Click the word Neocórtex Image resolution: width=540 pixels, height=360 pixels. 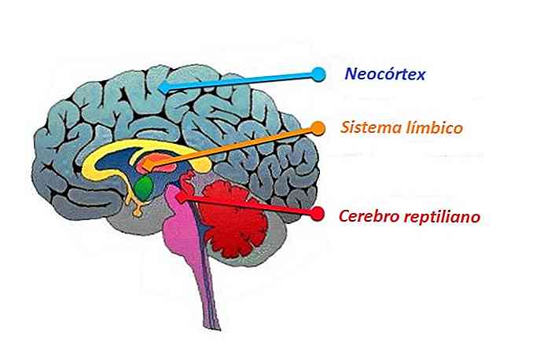[384, 75]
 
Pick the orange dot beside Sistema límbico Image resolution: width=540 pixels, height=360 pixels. [318, 127]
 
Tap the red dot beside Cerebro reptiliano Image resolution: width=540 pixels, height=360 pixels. [318, 213]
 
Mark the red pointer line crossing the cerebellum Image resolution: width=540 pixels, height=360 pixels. [252, 206]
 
